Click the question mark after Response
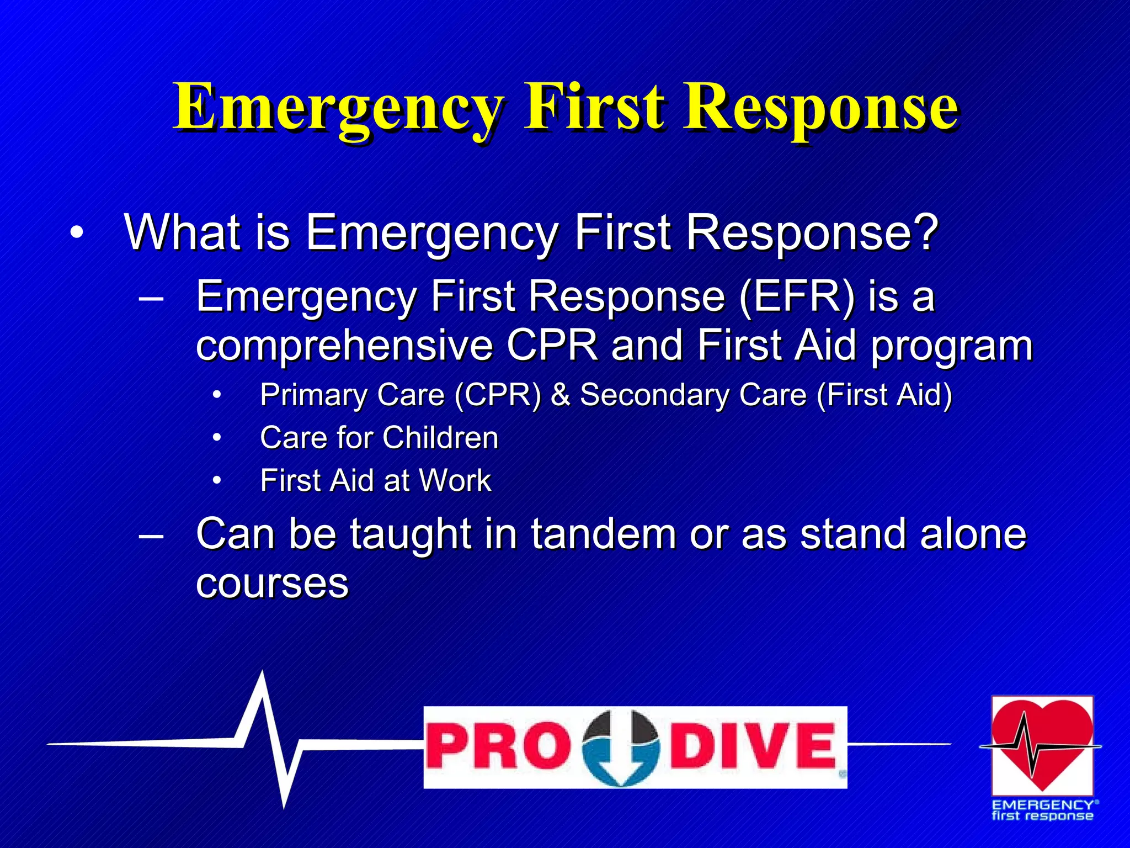(x=926, y=232)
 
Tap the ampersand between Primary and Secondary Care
(x=561, y=395)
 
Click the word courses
(x=273, y=584)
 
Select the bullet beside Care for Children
(x=217, y=438)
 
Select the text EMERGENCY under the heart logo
(x=1042, y=805)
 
